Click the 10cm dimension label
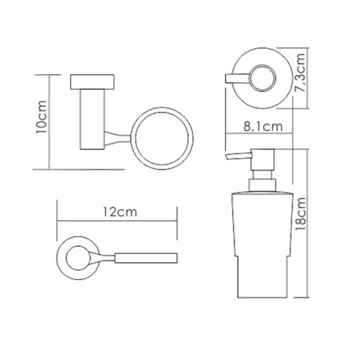click(42, 117)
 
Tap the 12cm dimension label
click(120, 212)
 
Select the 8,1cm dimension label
click(263, 127)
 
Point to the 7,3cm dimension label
click(300, 73)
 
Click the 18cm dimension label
click(300, 214)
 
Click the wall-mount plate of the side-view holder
click(93, 81)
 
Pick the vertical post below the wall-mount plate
click(92, 119)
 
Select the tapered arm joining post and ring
click(118, 139)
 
